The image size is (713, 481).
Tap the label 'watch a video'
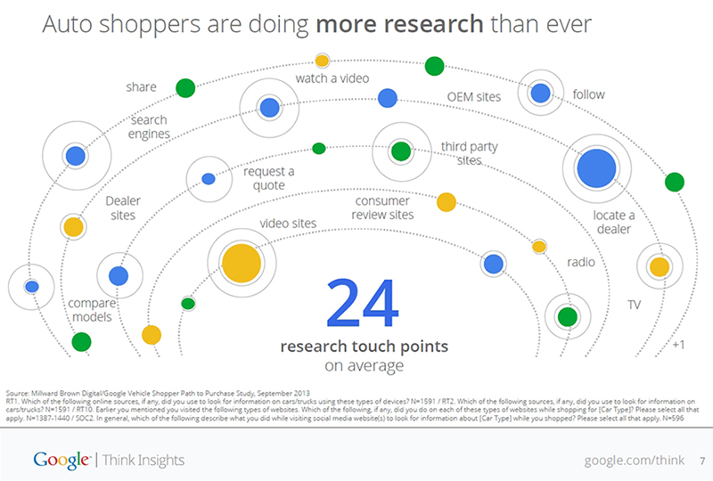coord(332,81)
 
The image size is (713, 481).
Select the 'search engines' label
coord(149,127)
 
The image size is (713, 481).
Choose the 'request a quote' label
coord(268,177)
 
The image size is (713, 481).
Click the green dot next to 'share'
coord(185,87)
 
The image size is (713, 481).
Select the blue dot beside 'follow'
coord(540,93)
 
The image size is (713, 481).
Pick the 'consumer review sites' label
coord(382,208)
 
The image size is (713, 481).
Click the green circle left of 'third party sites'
coord(401,151)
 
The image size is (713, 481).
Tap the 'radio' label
coord(580,263)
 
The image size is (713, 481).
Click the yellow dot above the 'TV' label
coord(659,266)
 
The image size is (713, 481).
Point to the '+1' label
coord(678,345)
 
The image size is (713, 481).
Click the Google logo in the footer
coord(61,460)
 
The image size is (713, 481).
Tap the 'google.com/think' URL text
coord(634,460)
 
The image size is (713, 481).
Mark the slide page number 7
coord(701,461)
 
